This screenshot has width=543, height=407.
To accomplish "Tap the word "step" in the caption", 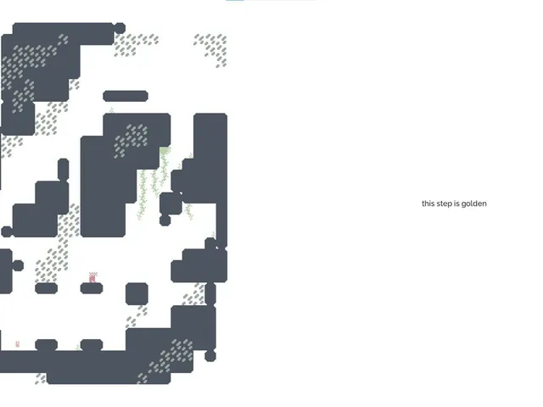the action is point(445,203).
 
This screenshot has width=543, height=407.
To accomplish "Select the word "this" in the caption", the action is point(428,203).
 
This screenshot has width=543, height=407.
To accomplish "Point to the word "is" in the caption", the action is point(456,203).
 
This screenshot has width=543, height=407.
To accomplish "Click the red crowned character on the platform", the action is point(92,277).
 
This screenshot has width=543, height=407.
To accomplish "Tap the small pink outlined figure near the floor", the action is point(18,343).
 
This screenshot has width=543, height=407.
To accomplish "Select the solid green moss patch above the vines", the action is point(164,151).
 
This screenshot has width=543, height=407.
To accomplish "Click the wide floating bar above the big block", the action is point(126,96).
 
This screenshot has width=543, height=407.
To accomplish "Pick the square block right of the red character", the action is point(137,294).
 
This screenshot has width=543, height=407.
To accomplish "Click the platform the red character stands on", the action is point(92,288).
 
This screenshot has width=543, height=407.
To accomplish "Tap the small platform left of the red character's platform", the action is point(46,288).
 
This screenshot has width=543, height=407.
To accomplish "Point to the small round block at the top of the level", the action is point(120,28).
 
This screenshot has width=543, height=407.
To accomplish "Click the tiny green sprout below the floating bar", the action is point(111,110).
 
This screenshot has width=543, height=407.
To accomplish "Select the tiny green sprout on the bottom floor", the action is point(78,348).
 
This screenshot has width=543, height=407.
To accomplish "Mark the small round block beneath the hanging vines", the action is point(165,220).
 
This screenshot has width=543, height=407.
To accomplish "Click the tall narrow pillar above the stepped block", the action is point(63,170).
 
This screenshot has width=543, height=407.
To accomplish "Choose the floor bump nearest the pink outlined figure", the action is point(46,345).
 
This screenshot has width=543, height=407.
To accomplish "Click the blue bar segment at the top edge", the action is point(235,0).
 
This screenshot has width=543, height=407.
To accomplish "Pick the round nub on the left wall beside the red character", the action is point(18,265).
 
